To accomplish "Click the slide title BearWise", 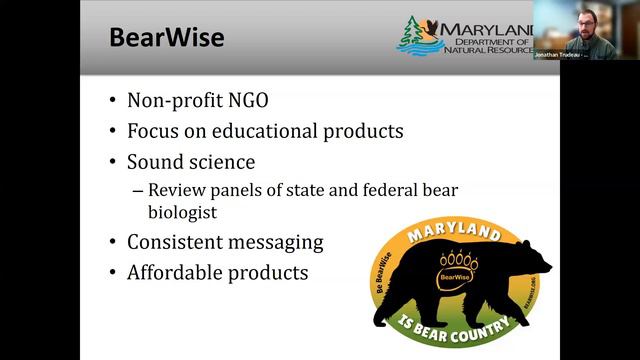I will coord(166,38).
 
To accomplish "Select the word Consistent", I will coord(177,242).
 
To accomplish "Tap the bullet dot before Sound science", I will coord(114,162).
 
